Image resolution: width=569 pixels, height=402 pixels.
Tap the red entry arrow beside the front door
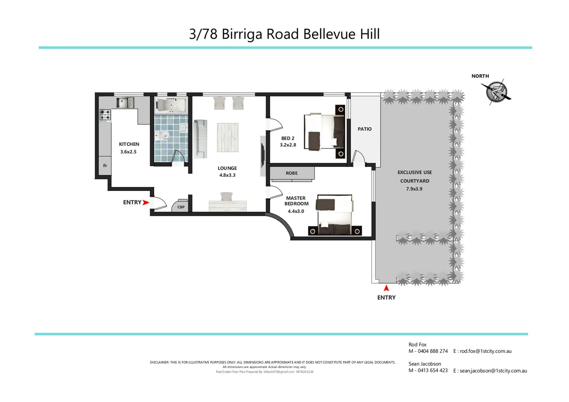pos(146,202)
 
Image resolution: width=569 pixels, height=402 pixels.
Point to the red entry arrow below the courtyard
pos(386,288)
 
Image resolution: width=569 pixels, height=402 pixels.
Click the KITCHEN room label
pos(129,144)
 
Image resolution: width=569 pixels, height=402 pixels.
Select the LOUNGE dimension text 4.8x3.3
pos(227,175)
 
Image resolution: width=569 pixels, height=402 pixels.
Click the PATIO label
pos(365,129)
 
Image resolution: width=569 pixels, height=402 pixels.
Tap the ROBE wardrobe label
pos(292,173)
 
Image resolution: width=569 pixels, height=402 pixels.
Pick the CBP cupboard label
pos(181,207)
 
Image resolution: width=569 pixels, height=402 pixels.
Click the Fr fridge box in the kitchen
pos(105,166)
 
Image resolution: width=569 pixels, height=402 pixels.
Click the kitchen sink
pos(125,102)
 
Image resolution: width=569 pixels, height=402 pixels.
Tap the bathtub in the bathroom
pos(171,105)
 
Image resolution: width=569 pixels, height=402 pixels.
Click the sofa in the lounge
pos(200,139)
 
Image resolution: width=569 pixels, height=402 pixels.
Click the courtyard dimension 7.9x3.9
pos(414,189)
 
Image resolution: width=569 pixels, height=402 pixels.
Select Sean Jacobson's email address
pos(493,371)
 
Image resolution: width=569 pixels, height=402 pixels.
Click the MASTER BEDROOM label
pos(296,201)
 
